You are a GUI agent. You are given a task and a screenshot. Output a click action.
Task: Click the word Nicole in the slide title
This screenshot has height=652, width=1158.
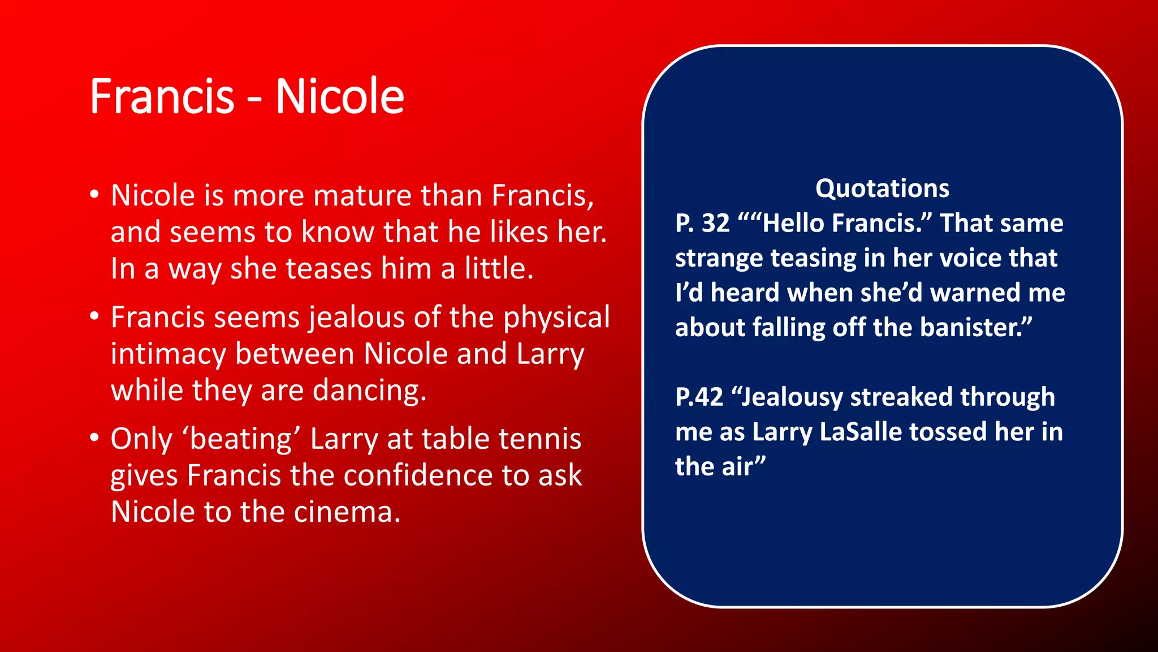340,96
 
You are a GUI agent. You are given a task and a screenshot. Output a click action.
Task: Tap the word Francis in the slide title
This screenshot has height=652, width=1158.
162,96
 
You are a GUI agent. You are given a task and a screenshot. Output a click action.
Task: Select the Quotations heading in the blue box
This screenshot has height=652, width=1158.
882,188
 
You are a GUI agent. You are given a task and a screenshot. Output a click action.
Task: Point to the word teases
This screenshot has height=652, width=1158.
329,268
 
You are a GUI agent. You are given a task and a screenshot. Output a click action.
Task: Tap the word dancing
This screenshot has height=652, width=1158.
369,391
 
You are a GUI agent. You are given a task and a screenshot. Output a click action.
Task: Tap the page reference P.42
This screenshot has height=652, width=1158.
699,397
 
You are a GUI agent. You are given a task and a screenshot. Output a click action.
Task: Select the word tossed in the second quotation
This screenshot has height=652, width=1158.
948,432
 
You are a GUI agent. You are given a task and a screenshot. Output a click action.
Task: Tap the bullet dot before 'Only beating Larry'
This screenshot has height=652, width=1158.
94,437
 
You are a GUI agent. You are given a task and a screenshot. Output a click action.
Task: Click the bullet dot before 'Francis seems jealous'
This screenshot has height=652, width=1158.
94,316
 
